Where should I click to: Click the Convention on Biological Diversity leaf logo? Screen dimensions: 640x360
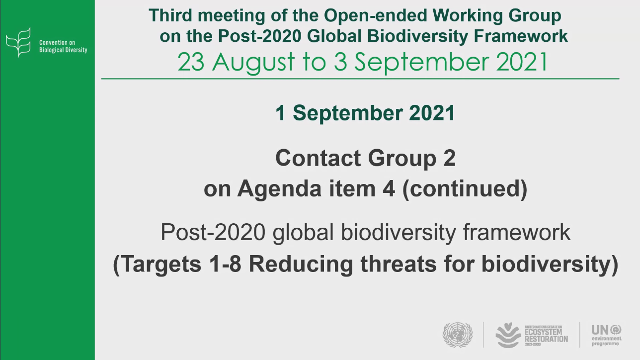pyautogui.click(x=18, y=42)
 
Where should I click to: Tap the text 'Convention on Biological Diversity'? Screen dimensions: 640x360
pyautogui.click(x=63, y=46)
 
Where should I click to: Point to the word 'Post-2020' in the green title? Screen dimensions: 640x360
pyautogui.click(x=260, y=36)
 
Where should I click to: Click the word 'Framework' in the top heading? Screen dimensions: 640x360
pyautogui.click(x=521, y=36)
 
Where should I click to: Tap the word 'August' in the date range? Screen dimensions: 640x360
pyautogui.click(x=253, y=62)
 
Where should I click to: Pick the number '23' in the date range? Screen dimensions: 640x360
pyautogui.click(x=191, y=62)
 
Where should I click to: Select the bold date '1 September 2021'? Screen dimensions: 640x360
pyautogui.click(x=365, y=113)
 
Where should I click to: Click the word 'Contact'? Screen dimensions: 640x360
pyautogui.click(x=318, y=158)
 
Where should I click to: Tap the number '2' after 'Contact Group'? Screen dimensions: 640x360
pyautogui.click(x=449, y=158)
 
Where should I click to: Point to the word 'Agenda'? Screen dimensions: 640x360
pyautogui.click(x=279, y=189)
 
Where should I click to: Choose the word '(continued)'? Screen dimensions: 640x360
pyautogui.click(x=465, y=189)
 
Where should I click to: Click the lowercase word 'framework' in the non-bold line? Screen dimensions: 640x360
pyautogui.click(x=517, y=232)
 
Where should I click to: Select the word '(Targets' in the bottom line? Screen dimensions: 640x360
pyautogui.click(x=157, y=264)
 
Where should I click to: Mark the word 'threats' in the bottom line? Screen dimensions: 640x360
pyautogui.click(x=399, y=264)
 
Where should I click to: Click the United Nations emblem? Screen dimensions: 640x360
pyautogui.click(x=458, y=335)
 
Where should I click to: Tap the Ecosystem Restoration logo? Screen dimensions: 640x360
pyautogui.click(x=532, y=335)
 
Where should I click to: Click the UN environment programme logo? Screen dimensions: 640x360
pyautogui.click(x=607, y=335)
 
